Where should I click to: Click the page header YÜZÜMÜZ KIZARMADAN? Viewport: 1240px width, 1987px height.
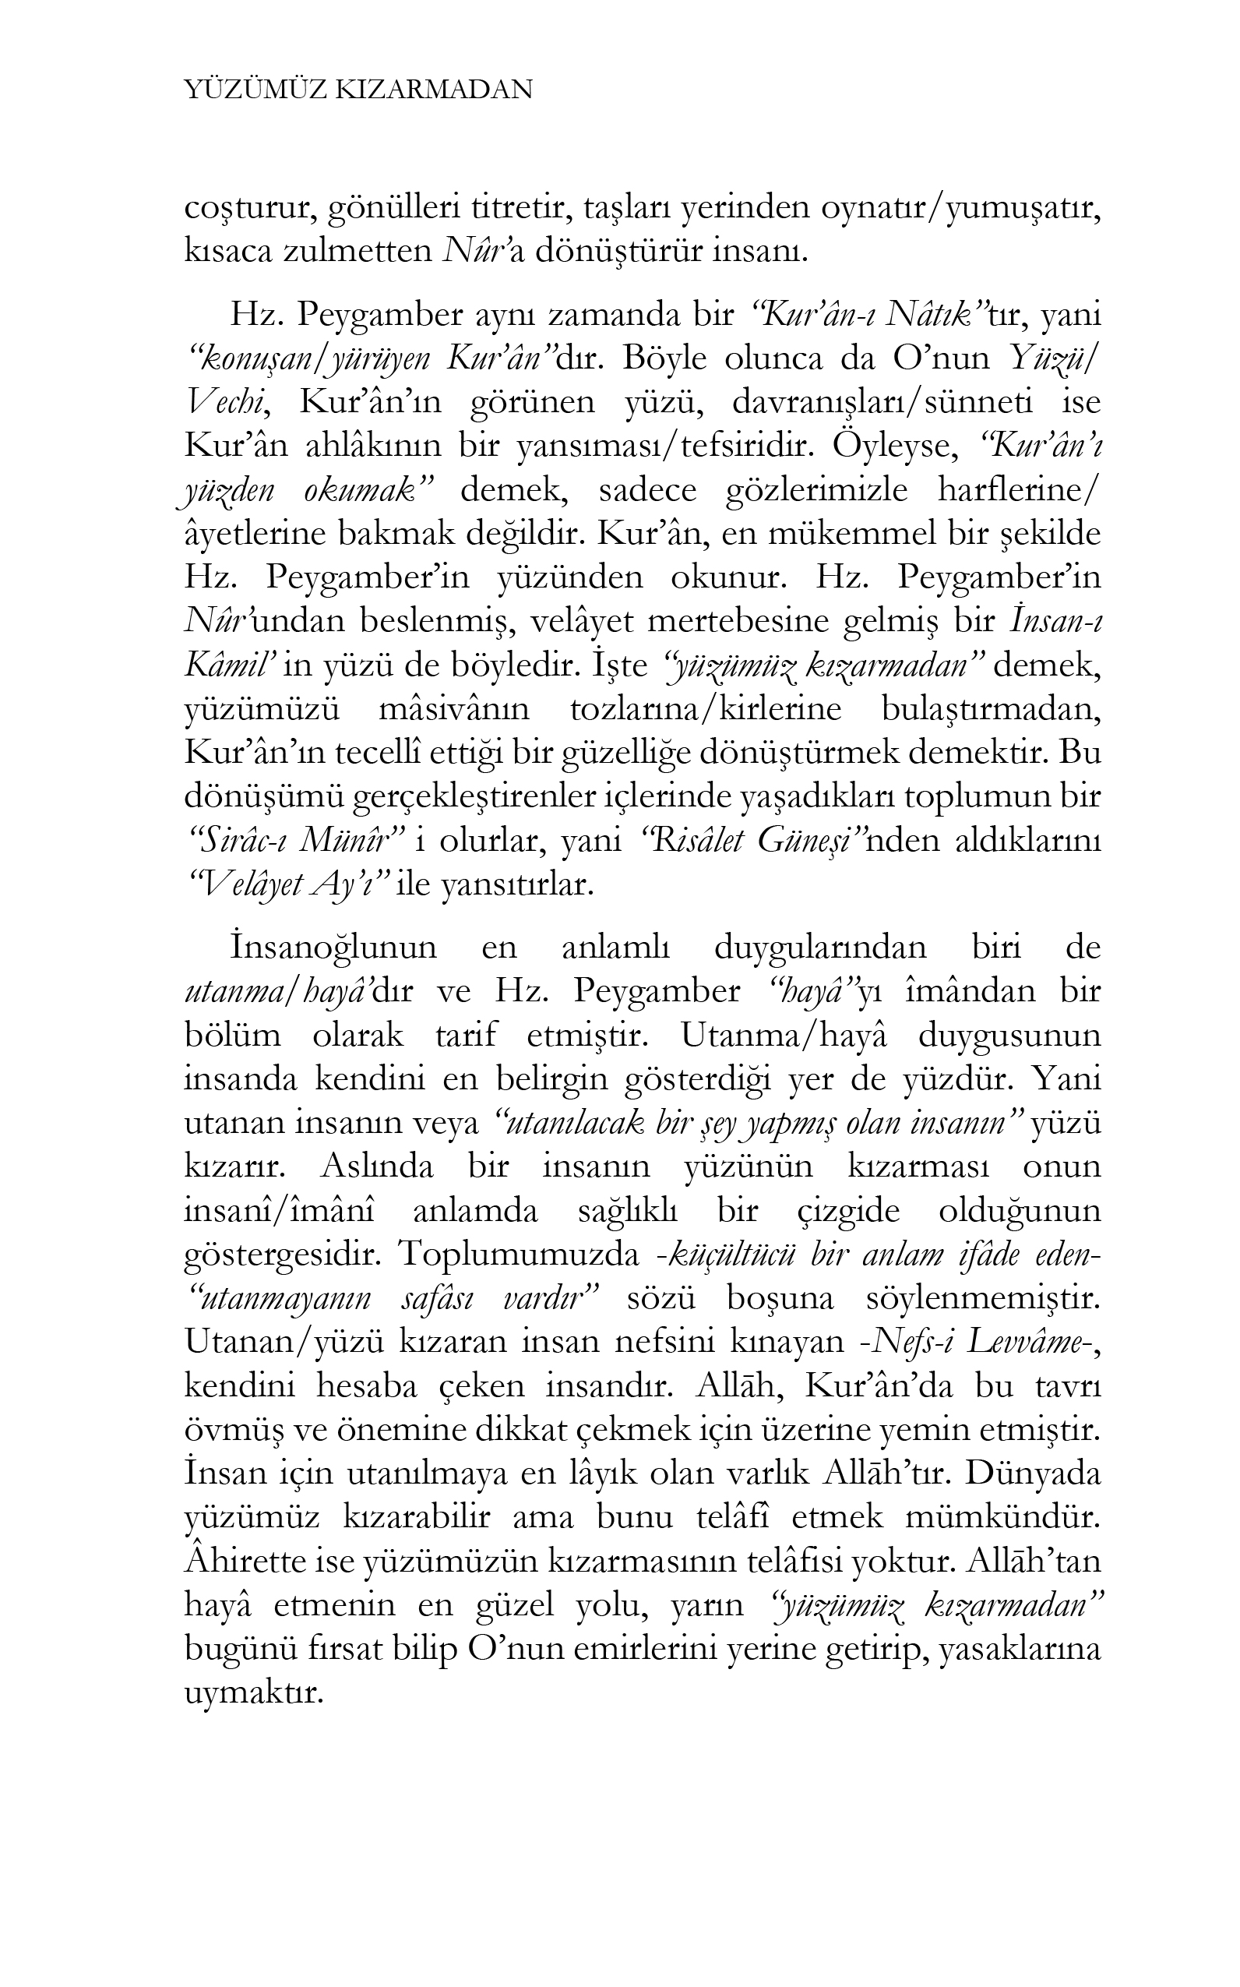(x=358, y=90)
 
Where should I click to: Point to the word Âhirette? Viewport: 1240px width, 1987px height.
(x=245, y=1562)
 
